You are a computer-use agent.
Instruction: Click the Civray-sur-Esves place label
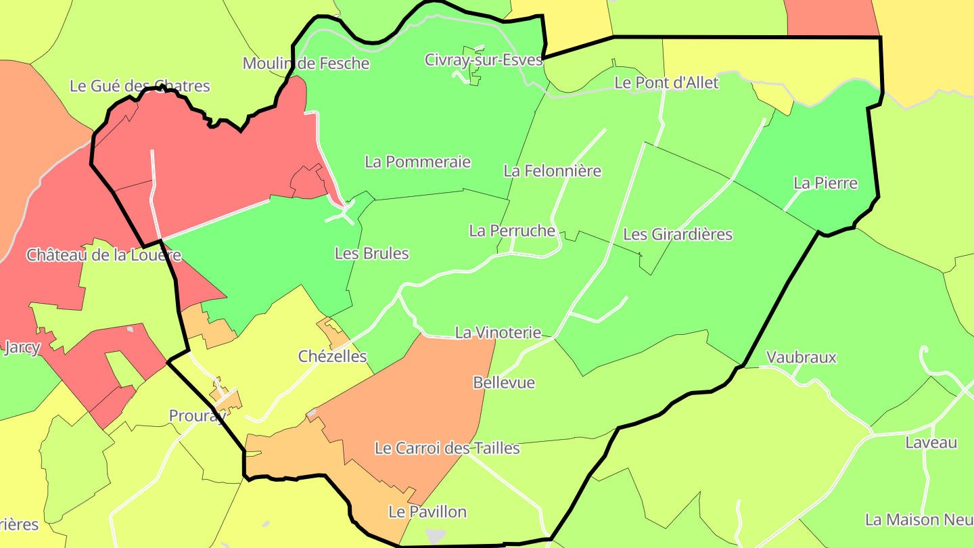[484, 60]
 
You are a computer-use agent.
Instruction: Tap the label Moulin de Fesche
[306, 64]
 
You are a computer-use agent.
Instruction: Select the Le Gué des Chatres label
[140, 86]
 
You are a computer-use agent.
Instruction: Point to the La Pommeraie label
[417, 162]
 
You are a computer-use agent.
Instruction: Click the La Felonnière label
[552, 170]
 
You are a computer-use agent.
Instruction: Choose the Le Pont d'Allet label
[666, 83]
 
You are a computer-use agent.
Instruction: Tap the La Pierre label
[825, 183]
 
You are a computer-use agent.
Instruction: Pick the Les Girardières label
[677, 234]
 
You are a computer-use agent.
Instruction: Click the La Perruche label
[512, 231]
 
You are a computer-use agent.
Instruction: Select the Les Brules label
[372, 254]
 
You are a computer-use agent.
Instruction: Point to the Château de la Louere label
[103, 255]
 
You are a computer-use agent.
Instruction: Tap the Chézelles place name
[332, 356]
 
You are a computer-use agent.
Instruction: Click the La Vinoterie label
[498, 332]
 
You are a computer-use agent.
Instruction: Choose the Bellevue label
[504, 382]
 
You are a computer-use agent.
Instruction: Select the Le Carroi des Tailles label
[447, 448]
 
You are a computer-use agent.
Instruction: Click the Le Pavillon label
[427, 511]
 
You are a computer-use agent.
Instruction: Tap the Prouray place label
[198, 415]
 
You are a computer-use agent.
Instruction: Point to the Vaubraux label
[801, 357]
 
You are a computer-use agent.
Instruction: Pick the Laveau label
[931, 442]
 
